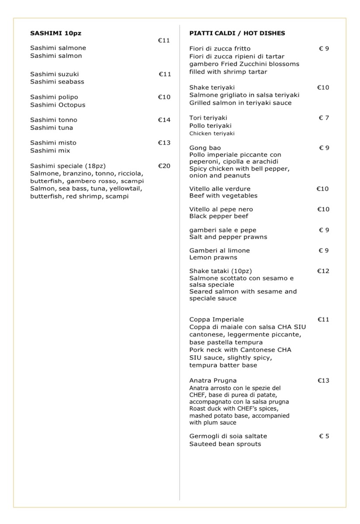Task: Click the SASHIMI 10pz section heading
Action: point(55,33)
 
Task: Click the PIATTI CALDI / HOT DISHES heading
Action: point(237,33)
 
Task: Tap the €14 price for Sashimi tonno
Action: point(164,120)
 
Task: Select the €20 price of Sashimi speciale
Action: point(164,166)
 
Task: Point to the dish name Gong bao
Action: point(205,148)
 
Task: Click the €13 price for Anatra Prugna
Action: point(323,381)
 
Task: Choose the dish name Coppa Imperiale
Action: point(216,320)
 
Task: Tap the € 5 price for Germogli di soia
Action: point(324,436)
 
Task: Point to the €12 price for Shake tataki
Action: point(323,271)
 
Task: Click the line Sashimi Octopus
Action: point(58,105)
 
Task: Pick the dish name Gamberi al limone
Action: point(219,251)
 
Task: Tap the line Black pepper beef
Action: point(219,217)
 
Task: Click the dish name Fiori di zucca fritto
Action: point(220,49)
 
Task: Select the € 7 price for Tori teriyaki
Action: point(324,118)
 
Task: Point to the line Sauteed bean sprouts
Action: point(225,444)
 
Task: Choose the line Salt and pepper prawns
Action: point(228,237)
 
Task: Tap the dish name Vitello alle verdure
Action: point(220,189)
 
